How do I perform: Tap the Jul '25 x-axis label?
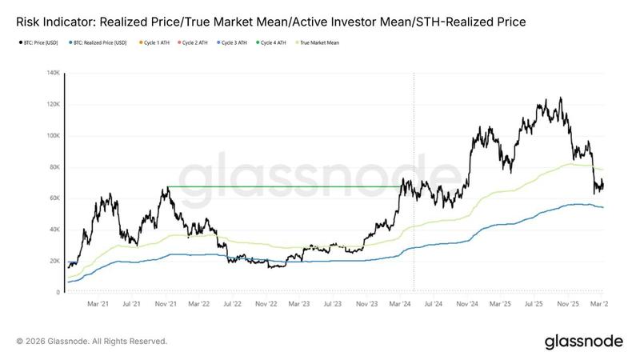click(534, 304)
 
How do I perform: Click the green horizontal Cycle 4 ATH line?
click(280, 186)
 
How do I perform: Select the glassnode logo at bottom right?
click(584, 342)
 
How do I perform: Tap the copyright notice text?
click(92, 342)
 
